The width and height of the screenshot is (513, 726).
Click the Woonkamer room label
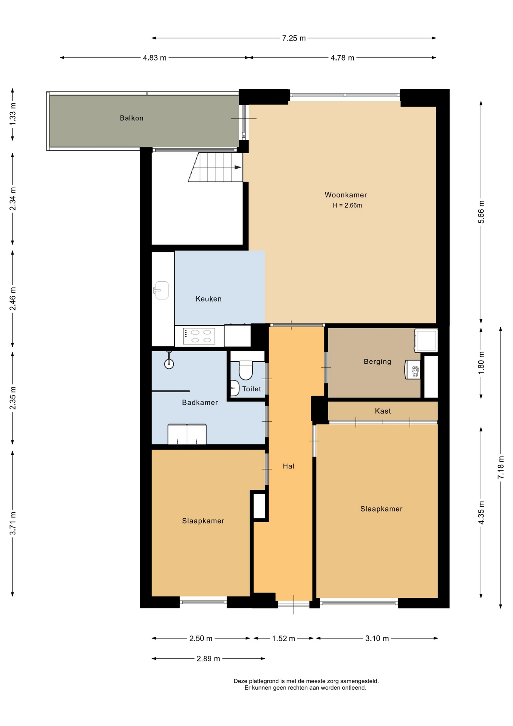pyautogui.click(x=346, y=195)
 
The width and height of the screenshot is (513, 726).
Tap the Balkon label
pyautogui.click(x=131, y=118)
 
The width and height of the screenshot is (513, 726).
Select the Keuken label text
pyautogui.click(x=209, y=299)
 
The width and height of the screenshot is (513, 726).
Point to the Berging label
pyautogui.click(x=377, y=361)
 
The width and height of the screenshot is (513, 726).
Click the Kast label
pyautogui.click(x=383, y=411)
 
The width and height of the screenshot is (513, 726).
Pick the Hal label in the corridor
pyautogui.click(x=289, y=466)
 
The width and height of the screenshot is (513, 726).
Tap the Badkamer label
pyautogui.click(x=200, y=402)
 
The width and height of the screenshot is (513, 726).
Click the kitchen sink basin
pyautogui.click(x=161, y=290)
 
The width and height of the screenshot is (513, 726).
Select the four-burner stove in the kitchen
pyautogui.click(x=199, y=336)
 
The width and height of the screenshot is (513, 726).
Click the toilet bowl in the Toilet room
pyautogui.click(x=246, y=370)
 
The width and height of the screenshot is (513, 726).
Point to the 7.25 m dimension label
pyautogui.click(x=294, y=38)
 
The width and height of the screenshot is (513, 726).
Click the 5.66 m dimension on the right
pyautogui.click(x=481, y=212)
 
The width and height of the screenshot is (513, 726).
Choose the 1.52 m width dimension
pyautogui.click(x=284, y=639)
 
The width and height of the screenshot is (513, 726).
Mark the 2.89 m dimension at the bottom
pyautogui.click(x=208, y=659)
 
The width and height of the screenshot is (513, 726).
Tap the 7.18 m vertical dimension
pyautogui.click(x=501, y=468)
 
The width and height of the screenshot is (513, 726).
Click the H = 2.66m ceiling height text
pyautogui.click(x=347, y=205)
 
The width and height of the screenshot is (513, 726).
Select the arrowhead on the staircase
pyautogui.click(x=238, y=168)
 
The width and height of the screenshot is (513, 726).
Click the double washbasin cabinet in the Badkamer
pyautogui.click(x=187, y=434)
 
